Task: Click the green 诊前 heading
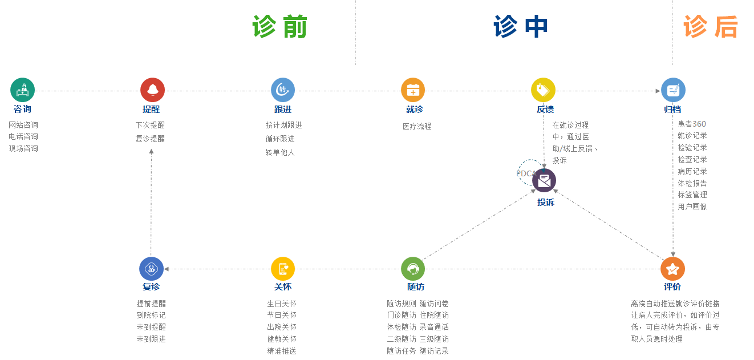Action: [x=279, y=27]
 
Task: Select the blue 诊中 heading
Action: [x=521, y=27]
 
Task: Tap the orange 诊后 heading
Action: [x=711, y=27]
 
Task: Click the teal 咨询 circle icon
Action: [x=23, y=90]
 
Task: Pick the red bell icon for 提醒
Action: [x=152, y=90]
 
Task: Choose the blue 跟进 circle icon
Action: [x=283, y=90]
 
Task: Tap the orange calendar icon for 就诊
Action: [x=413, y=90]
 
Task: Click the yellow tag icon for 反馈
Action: [x=543, y=90]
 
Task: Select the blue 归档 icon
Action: [x=673, y=90]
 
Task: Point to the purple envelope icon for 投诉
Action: [x=544, y=180]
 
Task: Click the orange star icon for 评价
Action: [x=672, y=269]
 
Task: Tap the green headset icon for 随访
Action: [x=413, y=269]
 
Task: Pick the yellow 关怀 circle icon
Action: [x=283, y=269]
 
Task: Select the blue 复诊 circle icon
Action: [x=151, y=269]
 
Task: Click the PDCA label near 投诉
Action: [x=525, y=173]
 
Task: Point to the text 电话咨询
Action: [x=23, y=137]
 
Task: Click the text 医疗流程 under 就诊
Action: [x=417, y=127]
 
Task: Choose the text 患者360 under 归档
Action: [x=692, y=124]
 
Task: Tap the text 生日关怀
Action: [x=282, y=304]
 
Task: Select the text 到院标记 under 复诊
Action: [x=151, y=315]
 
